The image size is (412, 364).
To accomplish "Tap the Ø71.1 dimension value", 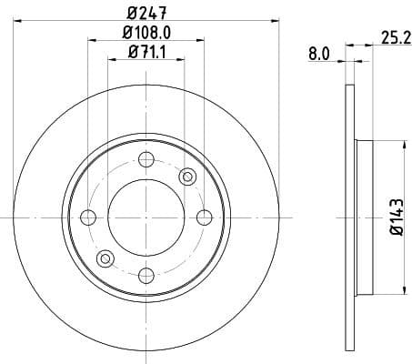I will tap(146, 52).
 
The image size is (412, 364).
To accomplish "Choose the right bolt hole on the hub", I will tap(204, 217).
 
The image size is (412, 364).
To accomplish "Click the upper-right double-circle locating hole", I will tap(188, 177).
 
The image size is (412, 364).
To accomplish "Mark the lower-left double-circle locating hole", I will tap(105, 258).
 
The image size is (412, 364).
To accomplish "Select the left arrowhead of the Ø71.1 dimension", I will tap(111, 60).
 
